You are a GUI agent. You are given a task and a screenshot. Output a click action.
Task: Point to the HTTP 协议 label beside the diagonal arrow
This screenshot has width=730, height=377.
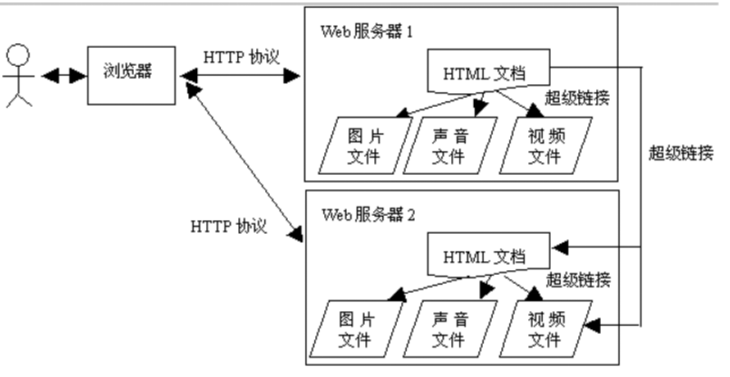pyautogui.click(x=228, y=227)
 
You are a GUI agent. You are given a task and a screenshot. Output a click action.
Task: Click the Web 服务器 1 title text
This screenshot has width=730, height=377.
pyautogui.click(x=367, y=32)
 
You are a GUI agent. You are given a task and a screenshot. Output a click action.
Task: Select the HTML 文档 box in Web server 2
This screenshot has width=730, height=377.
pyautogui.click(x=485, y=257)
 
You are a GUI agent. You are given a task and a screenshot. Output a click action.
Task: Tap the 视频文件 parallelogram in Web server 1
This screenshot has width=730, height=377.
pyautogui.click(x=546, y=147)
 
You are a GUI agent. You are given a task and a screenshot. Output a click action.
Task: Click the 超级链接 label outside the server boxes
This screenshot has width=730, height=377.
pyautogui.click(x=680, y=153)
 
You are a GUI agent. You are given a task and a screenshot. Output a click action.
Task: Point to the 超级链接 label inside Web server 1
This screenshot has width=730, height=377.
pyautogui.click(x=578, y=98)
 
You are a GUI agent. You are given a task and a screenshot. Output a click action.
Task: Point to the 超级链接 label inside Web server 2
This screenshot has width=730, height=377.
pyautogui.click(x=578, y=279)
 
